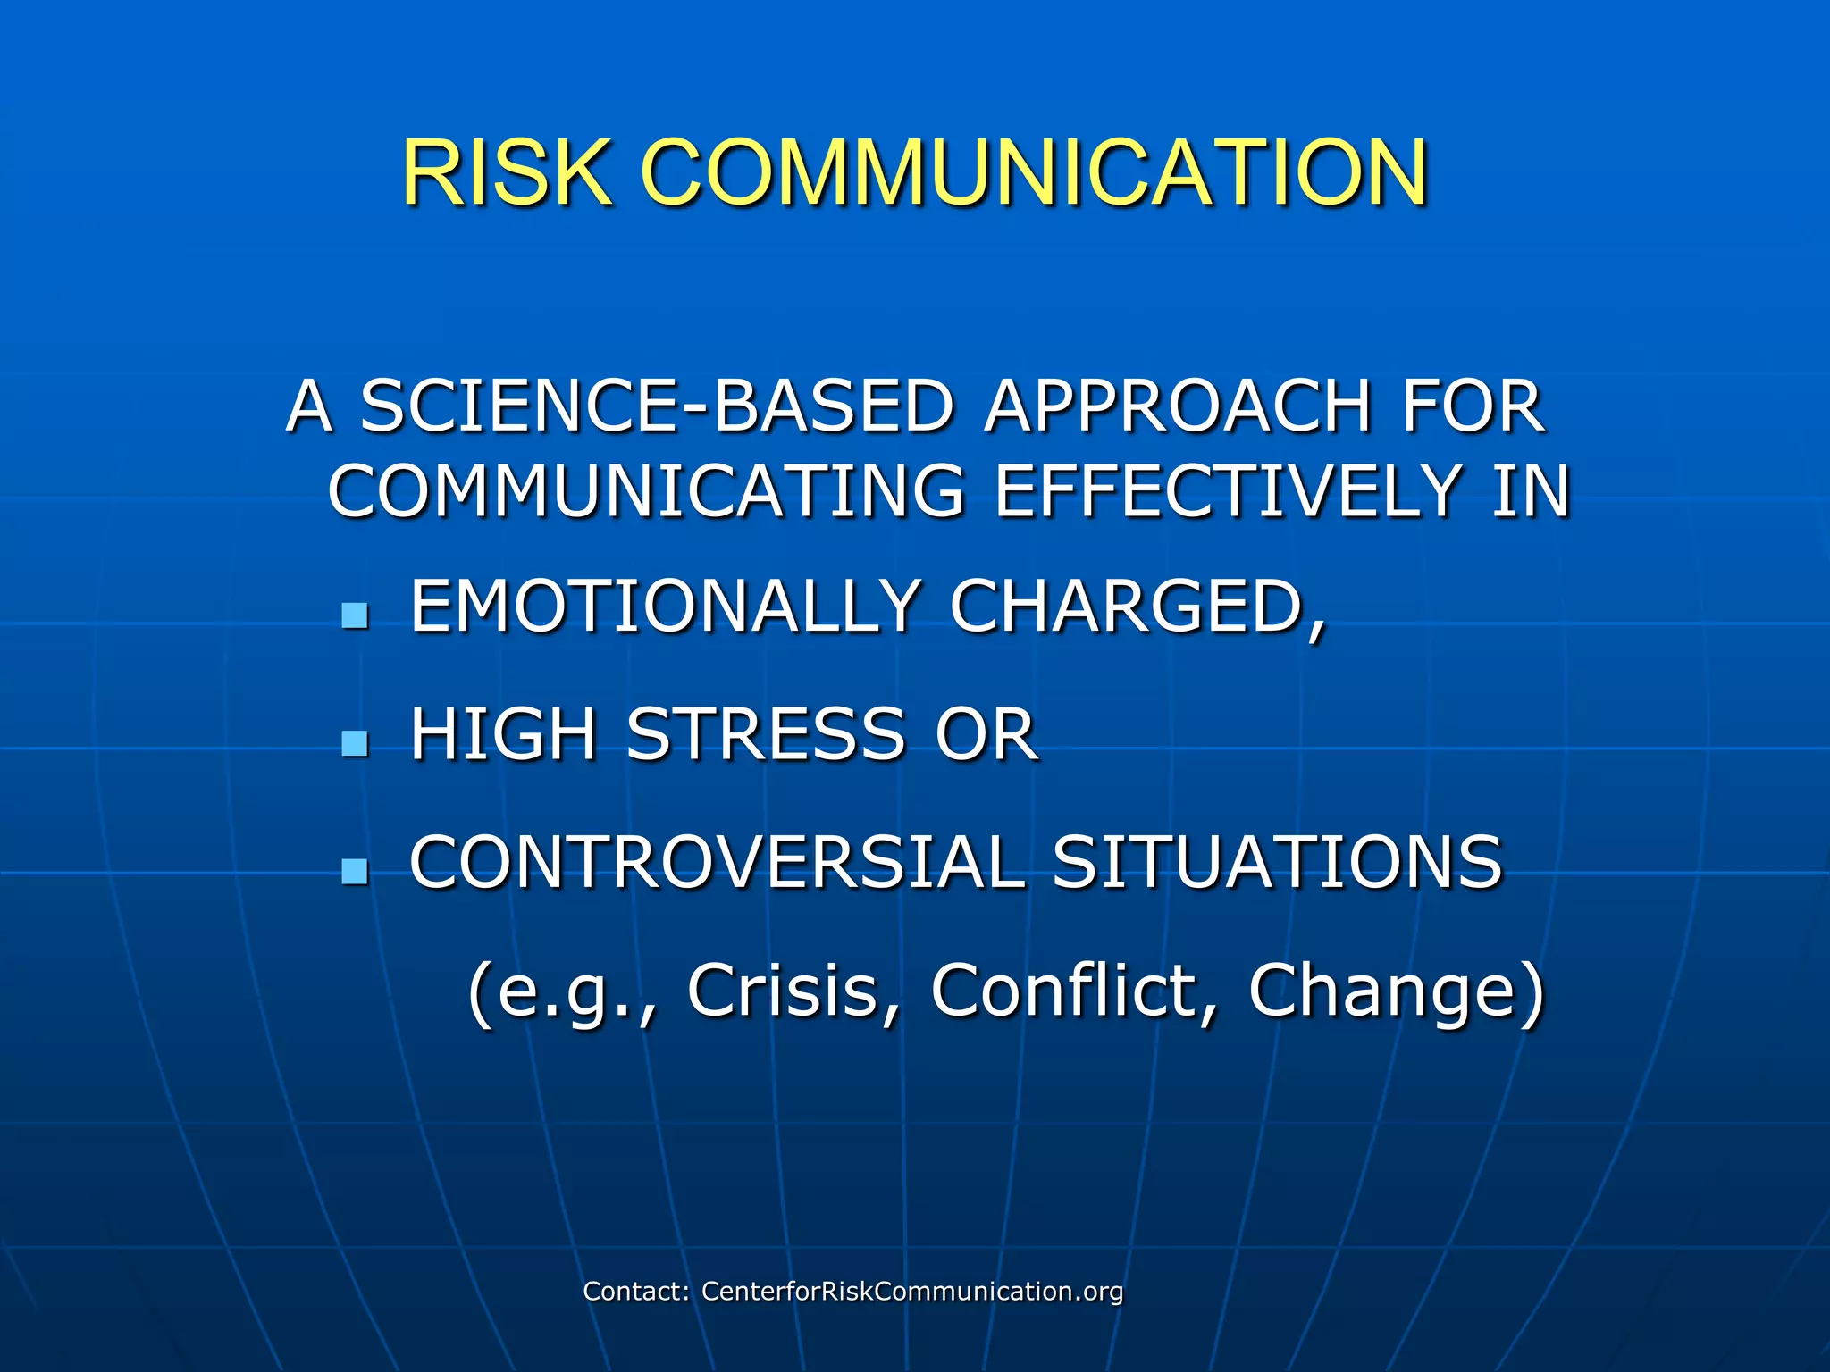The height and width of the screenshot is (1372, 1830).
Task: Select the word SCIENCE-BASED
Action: pos(658,406)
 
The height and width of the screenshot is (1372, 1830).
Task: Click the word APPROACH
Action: pos(1178,406)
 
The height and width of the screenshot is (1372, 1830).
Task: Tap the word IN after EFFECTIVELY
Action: pos(1532,490)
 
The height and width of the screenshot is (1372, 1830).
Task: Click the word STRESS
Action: pos(766,734)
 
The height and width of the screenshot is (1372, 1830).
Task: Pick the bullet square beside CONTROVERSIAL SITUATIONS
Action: pos(355,871)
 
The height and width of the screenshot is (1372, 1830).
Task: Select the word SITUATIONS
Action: pos(1278,863)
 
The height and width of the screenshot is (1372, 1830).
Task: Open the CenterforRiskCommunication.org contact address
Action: pos(911,1291)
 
